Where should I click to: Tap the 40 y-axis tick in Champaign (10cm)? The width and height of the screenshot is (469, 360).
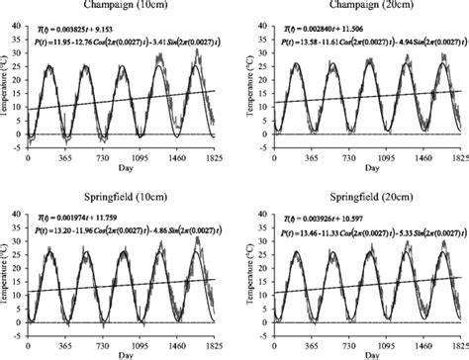point(18,17)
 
